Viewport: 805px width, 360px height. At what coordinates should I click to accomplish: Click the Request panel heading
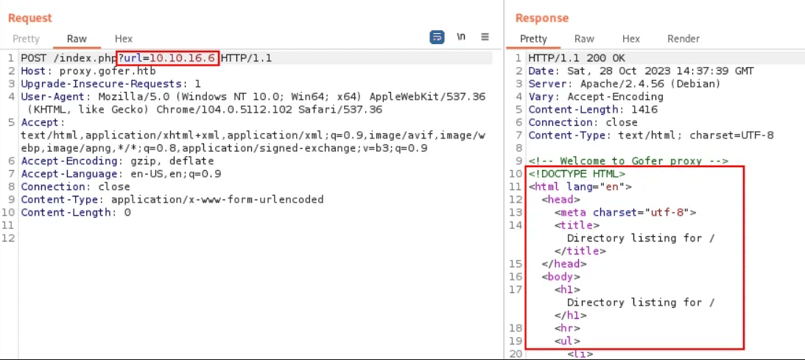click(x=30, y=18)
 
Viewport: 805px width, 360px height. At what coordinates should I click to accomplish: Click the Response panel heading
click(x=542, y=18)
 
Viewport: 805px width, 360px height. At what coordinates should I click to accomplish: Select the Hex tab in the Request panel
click(x=124, y=39)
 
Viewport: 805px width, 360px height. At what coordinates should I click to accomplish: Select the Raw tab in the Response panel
click(x=584, y=39)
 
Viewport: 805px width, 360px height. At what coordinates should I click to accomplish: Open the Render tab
click(x=683, y=39)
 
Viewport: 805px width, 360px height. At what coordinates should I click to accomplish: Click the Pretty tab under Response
click(x=533, y=39)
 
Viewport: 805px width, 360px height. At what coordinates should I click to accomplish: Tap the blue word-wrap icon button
click(x=437, y=37)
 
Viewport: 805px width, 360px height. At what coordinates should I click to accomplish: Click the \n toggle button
click(x=461, y=37)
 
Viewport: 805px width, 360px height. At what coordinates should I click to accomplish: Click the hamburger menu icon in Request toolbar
click(x=485, y=37)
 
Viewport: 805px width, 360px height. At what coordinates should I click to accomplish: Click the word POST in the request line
click(x=33, y=58)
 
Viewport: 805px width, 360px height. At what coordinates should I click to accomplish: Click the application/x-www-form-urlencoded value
click(x=217, y=200)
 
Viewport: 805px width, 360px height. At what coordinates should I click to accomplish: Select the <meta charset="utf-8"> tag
click(x=625, y=213)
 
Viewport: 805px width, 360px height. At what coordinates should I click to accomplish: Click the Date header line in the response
click(x=641, y=71)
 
